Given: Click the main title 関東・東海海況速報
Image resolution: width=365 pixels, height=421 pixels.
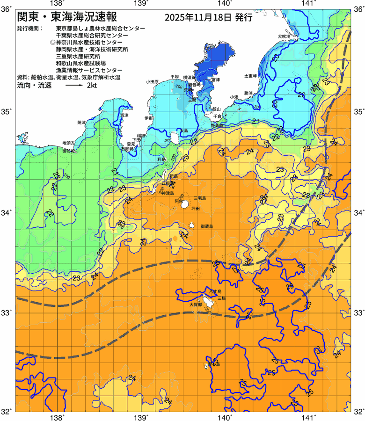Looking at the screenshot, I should tap(67, 18).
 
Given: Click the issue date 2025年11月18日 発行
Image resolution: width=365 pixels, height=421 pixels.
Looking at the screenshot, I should tap(209, 18).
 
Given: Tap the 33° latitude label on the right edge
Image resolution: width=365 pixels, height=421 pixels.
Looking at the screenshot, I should tap(358, 312).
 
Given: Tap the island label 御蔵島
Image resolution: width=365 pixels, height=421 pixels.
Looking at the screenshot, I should tap(206, 226).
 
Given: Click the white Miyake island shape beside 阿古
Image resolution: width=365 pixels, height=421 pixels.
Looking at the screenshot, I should tap(185, 204).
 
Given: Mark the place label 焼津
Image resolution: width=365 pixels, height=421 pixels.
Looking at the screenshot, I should tap(81, 122).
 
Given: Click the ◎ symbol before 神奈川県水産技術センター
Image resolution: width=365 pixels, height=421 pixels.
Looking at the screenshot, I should tap(52, 42).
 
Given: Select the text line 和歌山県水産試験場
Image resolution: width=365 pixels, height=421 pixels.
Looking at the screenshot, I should tap(80, 63).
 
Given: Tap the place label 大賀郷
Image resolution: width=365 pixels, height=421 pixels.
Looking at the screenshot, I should tap(196, 305).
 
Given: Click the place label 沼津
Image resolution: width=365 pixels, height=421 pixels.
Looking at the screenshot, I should tap(124, 115).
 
